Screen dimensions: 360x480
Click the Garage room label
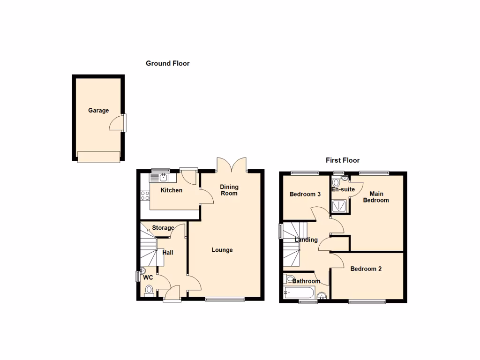[x=98, y=111]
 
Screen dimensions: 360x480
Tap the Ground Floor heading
[x=167, y=63]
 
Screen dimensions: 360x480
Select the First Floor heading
[x=343, y=160]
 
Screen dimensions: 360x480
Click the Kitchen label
[x=172, y=190]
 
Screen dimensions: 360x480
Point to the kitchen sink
[x=162, y=177]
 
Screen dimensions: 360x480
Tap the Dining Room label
[x=229, y=190]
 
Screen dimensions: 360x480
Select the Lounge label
[x=222, y=250]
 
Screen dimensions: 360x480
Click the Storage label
[x=163, y=228]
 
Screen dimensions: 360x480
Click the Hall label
[x=168, y=253]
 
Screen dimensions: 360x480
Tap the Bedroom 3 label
[x=305, y=194]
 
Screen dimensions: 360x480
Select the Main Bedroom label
[x=376, y=197]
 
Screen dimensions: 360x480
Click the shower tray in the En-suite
[x=340, y=206]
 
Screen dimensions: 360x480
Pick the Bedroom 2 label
[x=366, y=269]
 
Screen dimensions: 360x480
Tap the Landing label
[x=306, y=240]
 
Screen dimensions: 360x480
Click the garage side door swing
[x=116, y=123]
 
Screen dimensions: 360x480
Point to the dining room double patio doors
[x=232, y=165]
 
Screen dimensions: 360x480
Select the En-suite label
[x=343, y=189]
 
